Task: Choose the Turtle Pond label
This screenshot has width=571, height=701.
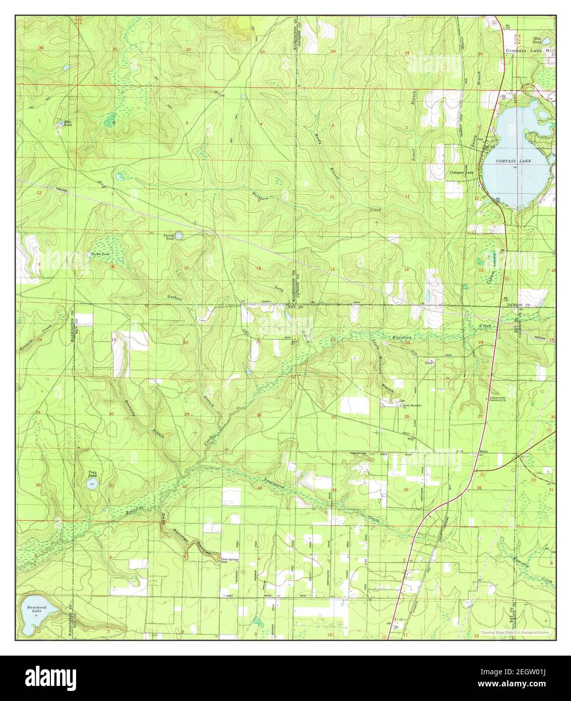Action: (x=100, y=255)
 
